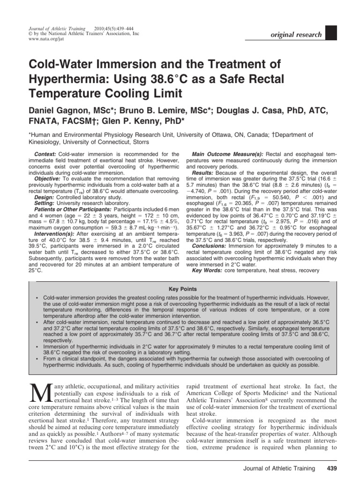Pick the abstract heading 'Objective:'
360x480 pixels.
tap(49, 180)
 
